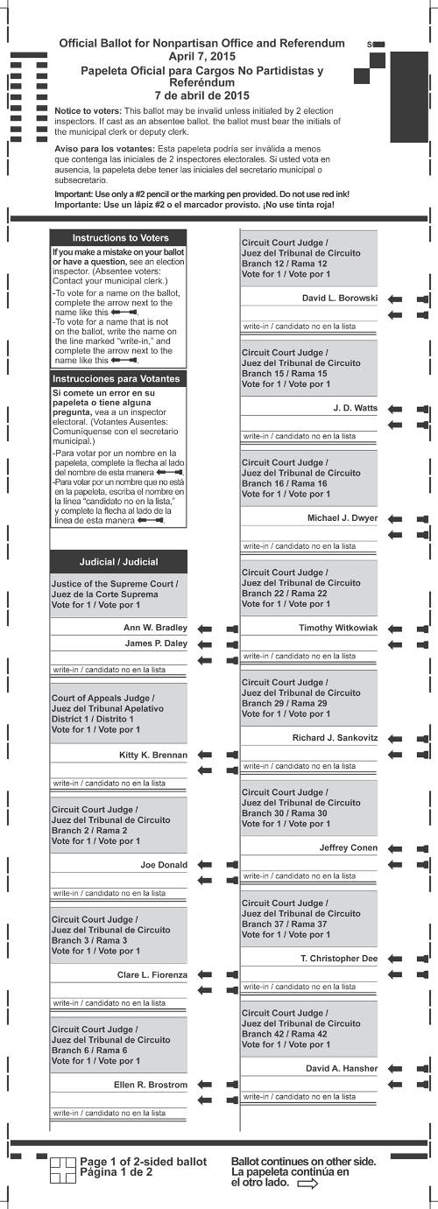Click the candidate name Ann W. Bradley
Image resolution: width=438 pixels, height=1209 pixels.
point(155,628)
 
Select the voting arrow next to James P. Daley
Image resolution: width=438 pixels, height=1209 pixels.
point(219,644)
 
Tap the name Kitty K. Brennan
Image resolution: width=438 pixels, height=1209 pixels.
point(153,755)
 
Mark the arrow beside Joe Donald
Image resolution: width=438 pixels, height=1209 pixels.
point(219,865)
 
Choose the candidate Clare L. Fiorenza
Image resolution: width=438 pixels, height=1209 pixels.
point(152,974)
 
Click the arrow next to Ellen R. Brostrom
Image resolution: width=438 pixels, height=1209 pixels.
point(219,1085)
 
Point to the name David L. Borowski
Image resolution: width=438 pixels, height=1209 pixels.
point(340,298)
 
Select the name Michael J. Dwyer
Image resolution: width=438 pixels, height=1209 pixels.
point(343,518)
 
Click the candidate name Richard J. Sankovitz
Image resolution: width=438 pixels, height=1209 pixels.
point(335,738)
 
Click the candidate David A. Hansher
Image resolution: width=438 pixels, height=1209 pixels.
point(342,1068)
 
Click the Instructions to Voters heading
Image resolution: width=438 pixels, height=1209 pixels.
point(120,238)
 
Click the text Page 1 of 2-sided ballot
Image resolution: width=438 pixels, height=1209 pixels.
point(144,1161)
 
